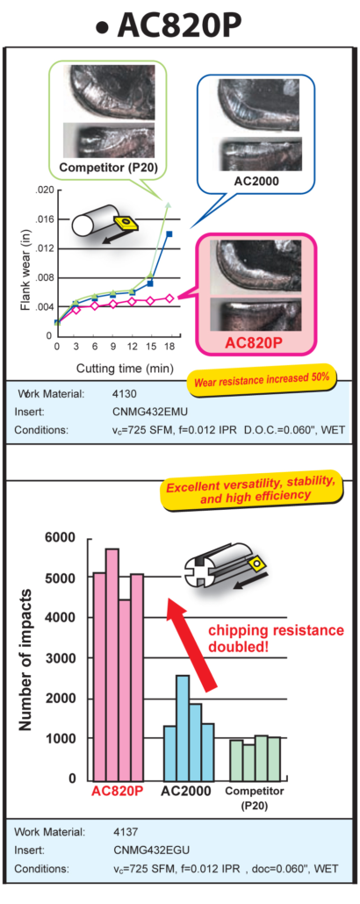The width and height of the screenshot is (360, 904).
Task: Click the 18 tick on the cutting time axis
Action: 169,347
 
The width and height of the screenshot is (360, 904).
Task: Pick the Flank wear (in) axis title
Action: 25,275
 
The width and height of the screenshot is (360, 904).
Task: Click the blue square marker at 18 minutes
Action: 169,234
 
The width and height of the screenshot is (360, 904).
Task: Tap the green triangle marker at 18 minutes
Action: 169,204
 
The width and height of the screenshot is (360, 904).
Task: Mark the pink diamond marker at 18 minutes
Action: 169,298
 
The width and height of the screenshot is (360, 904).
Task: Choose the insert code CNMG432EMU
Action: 142,412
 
